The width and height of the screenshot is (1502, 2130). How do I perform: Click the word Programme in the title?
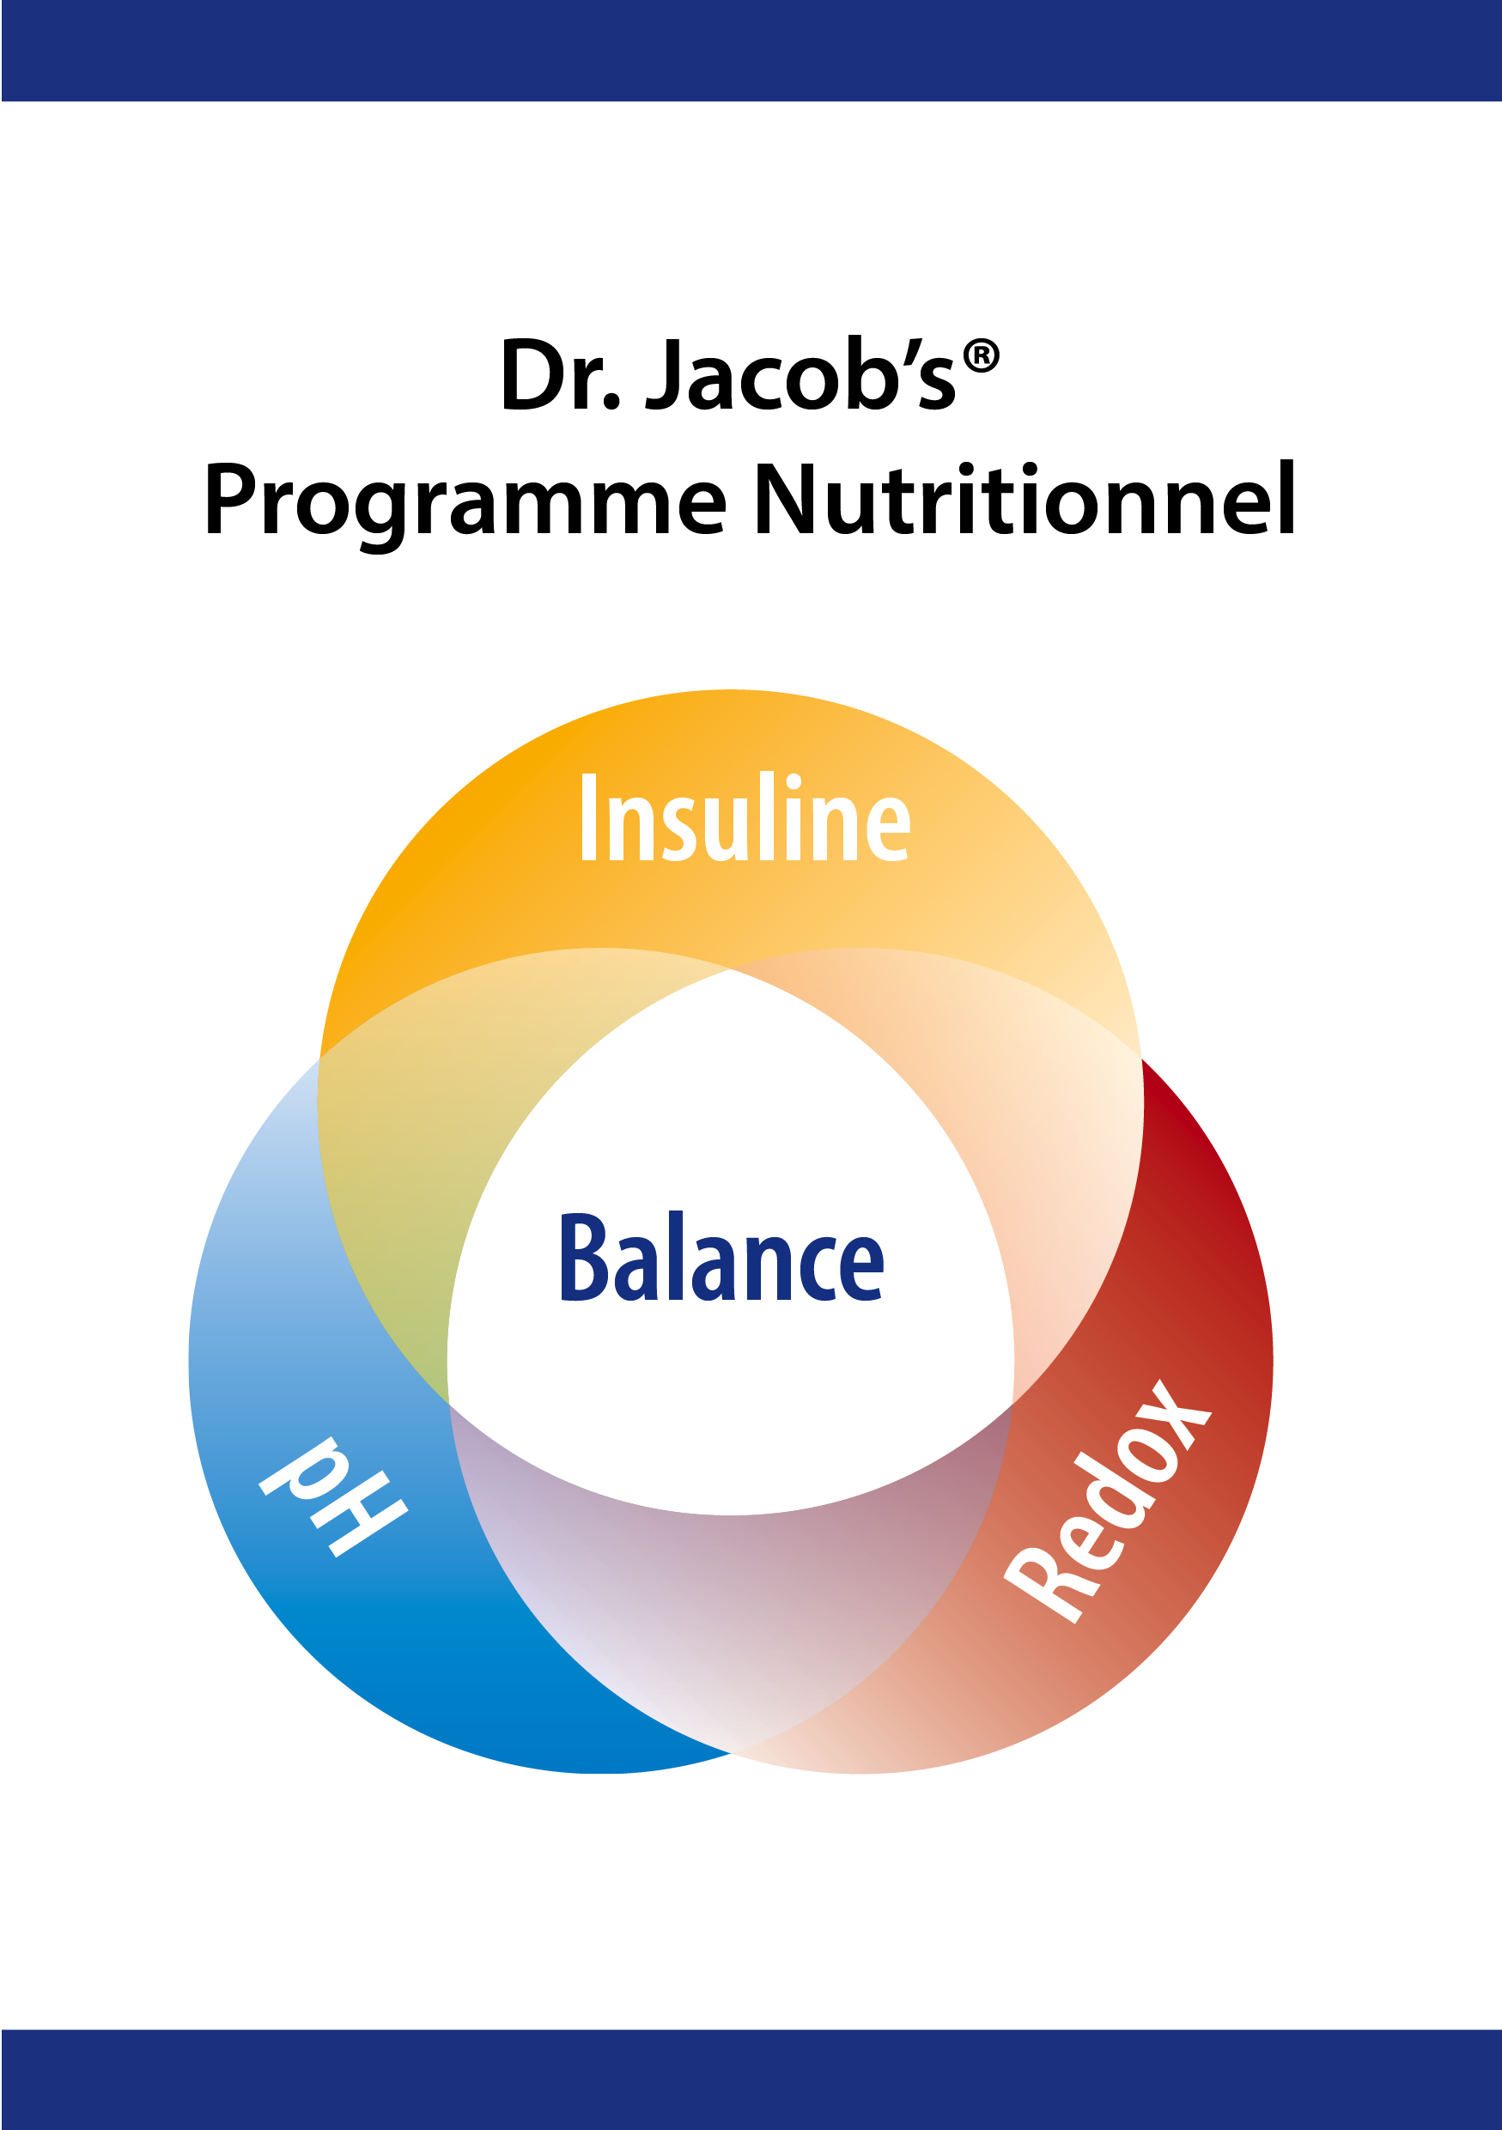(465, 502)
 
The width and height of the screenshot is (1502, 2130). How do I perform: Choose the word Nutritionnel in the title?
(1025, 498)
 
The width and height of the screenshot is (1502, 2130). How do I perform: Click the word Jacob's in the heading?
(800, 373)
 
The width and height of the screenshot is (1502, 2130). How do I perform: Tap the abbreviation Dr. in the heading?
(559, 373)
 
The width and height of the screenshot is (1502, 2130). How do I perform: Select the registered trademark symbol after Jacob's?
(981, 357)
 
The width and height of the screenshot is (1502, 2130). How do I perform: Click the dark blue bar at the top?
(751, 50)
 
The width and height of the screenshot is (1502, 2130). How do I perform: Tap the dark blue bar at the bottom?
(751, 2079)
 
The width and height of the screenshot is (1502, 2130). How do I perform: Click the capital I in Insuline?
(587, 817)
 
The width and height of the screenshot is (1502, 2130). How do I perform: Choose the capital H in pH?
(363, 1520)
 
